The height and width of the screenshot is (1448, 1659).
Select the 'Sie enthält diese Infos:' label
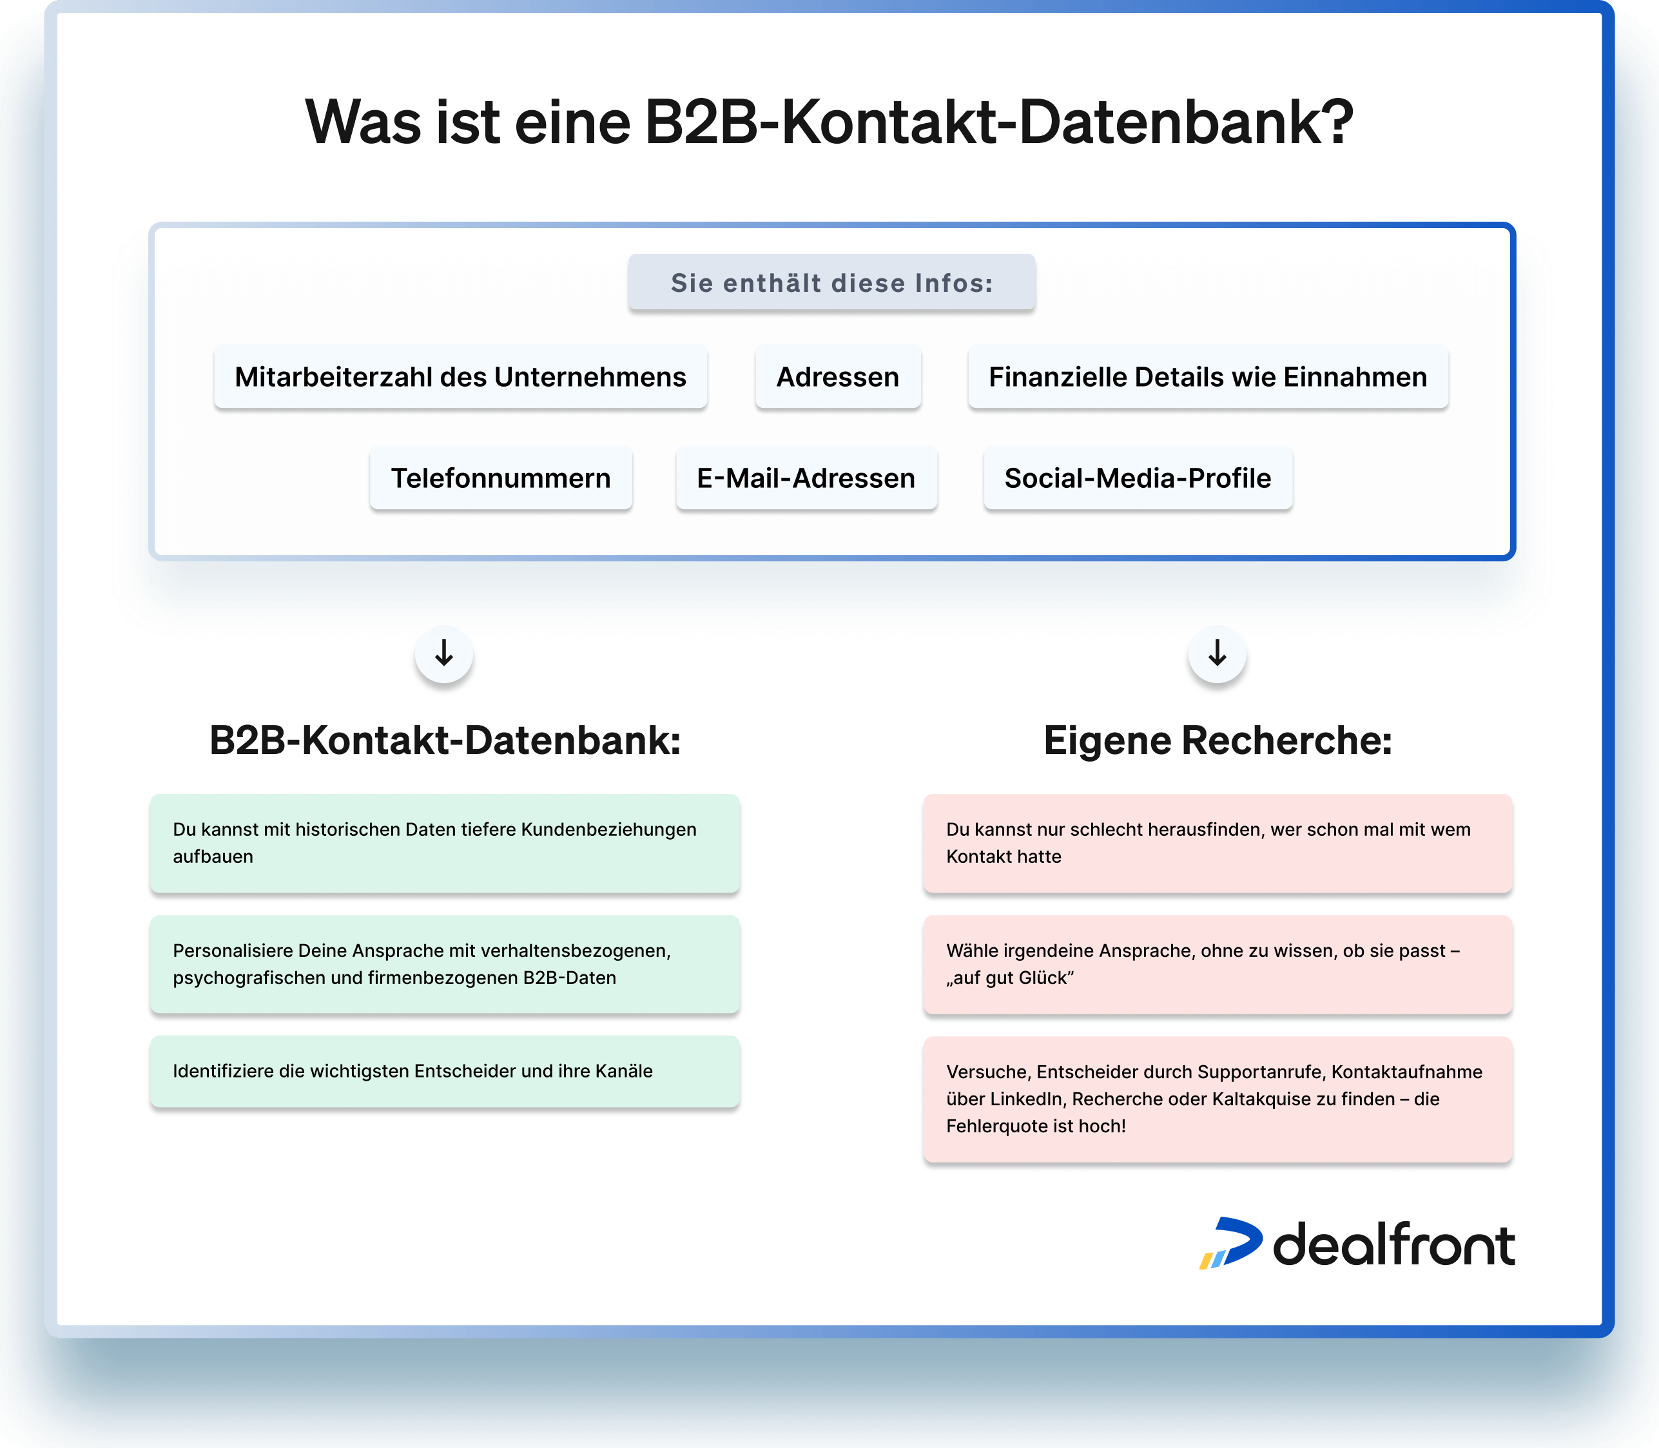(831, 283)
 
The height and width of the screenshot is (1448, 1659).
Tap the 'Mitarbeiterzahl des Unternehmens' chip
(461, 378)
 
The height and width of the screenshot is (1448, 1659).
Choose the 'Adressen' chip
(838, 378)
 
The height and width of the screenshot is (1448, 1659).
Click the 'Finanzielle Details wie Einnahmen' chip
(1208, 378)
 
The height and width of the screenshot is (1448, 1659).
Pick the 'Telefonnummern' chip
(501, 478)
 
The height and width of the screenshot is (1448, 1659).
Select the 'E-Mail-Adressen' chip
(806, 478)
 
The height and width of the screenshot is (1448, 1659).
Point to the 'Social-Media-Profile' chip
(1138, 478)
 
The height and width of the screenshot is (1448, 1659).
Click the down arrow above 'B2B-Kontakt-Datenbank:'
(443, 653)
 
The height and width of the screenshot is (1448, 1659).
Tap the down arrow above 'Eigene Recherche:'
(1217, 653)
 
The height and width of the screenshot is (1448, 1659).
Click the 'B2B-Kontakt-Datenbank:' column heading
(445, 740)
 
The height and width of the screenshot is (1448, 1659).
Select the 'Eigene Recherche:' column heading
(1218, 740)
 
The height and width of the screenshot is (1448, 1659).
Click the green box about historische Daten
(445, 844)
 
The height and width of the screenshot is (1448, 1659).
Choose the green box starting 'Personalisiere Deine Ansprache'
(445, 965)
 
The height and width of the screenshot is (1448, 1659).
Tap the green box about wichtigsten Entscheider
(445, 1072)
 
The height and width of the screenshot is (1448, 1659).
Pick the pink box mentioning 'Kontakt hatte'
(1218, 844)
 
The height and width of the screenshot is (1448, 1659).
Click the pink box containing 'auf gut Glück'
(1218, 965)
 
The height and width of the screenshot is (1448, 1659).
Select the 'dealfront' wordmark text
(1394, 1244)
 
